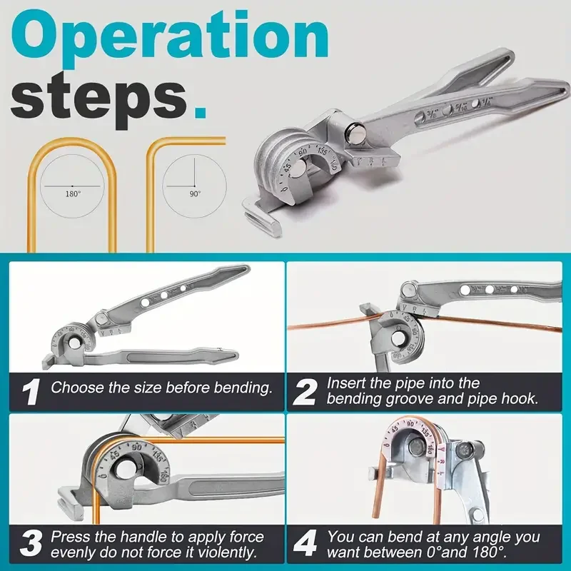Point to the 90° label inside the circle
point(194,193)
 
